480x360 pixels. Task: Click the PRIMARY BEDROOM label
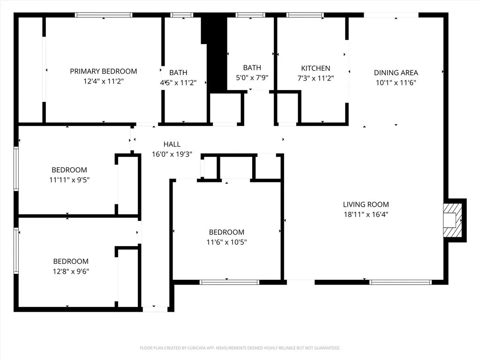tap(104, 71)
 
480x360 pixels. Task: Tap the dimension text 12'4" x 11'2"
tap(104, 81)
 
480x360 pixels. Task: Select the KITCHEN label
tap(315, 68)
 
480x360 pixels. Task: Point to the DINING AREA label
tap(396, 73)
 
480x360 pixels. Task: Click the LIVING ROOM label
tap(366, 204)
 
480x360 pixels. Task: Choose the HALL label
tap(172, 144)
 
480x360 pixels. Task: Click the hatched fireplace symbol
tap(453, 219)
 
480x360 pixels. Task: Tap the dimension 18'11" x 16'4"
tap(366, 215)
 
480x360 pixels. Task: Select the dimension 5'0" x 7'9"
tap(252, 78)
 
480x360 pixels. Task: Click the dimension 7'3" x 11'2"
tap(315, 78)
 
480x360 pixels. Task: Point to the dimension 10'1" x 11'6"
tap(396, 82)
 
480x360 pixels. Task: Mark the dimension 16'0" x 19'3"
tap(172, 154)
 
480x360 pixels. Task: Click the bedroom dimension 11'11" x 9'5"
tap(69, 180)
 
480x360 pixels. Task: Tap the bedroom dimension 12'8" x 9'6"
tap(70, 271)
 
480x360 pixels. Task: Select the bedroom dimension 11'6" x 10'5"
tap(227, 242)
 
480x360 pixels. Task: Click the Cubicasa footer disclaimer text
tap(240, 348)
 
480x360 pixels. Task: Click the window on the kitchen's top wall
tap(305, 15)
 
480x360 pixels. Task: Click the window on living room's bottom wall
tap(400, 282)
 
